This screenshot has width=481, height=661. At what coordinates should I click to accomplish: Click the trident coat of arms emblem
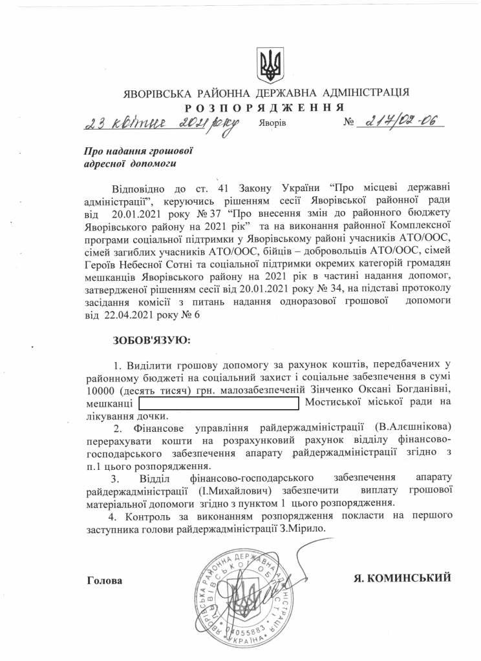tap(268, 63)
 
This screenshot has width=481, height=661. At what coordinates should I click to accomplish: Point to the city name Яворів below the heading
tap(270, 123)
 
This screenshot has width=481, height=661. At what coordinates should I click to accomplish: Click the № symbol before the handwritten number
tap(349, 121)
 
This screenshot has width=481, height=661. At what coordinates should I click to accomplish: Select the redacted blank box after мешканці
tap(219, 403)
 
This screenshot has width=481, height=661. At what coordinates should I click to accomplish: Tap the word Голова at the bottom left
tap(104, 580)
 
